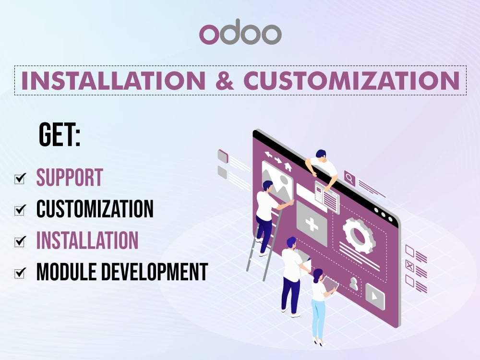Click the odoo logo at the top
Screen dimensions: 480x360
click(240, 32)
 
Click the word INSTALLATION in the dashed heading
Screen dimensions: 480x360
click(113, 81)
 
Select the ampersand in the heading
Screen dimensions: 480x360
click(225, 81)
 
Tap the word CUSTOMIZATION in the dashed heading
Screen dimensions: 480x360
click(352, 81)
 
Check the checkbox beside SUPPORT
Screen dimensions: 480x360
click(20, 179)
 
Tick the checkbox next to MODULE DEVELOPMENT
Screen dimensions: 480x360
click(20, 273)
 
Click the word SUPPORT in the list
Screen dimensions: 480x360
click(70, 177)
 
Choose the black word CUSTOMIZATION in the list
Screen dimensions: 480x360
click(95, 209)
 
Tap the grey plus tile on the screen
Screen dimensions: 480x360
click(312, 224)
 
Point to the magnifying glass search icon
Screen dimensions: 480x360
click(349, 178)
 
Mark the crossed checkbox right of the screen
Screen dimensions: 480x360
click(409, 266)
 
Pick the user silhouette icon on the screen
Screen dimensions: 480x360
click(354, 284)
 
